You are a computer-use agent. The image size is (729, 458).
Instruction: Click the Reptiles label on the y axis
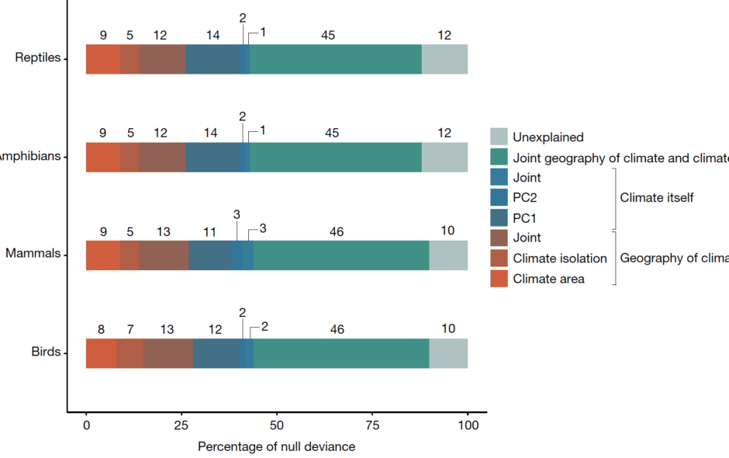[38, 58]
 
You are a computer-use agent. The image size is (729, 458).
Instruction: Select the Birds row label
[45, 352]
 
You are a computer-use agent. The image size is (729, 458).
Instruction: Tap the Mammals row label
[33, 254]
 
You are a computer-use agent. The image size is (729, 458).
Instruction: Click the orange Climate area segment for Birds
[101, 353]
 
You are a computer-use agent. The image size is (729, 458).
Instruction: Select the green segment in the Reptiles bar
[336, 59]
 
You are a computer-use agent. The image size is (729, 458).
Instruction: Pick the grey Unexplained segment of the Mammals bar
[448, 255]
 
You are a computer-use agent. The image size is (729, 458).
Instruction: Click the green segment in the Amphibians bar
[336, 157]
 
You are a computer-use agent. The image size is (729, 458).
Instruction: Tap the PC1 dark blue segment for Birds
[216, 353]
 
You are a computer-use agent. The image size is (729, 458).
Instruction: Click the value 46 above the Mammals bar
[337, 231]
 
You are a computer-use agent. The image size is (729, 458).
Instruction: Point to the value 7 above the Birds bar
[130, 329]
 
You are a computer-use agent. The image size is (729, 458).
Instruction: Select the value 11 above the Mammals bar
[209, 231]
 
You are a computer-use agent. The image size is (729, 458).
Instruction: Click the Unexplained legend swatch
[499, 137]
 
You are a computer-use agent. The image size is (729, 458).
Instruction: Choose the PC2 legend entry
[526, 198]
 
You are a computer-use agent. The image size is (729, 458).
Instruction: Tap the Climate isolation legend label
[559, 258]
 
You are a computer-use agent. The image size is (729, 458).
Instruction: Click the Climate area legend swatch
[499, 279]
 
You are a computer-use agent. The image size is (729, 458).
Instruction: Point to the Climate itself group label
[656, 198]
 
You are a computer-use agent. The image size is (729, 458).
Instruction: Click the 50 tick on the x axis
[277, 426]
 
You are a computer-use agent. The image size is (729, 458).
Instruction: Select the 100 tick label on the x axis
[468, 426]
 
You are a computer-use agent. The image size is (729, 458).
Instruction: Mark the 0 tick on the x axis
[86, 426]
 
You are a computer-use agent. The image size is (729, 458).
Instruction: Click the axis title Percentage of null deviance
[276, 446]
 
